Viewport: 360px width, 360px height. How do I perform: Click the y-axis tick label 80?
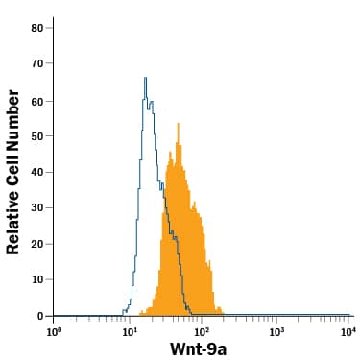point(36,28)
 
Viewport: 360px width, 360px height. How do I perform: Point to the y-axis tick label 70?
point(36,63)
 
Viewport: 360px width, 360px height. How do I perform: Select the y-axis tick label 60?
point(36,100)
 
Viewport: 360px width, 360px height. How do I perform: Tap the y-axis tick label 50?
point(36,135)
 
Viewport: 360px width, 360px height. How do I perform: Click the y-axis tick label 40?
point(36,172)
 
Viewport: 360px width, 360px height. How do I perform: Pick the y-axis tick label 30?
point(36,207)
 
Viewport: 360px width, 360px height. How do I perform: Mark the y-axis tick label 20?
point(36,244)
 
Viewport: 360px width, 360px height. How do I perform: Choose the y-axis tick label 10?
point(36,279)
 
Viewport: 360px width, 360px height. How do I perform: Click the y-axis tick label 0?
point(40,316)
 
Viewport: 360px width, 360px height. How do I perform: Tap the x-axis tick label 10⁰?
point(55,331)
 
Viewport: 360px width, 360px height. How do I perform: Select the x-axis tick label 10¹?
point(129,331)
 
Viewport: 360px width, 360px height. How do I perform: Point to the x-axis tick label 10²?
point(203,331)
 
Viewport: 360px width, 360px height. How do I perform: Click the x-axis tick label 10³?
point(276,331)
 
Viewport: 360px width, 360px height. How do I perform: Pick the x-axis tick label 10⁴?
point(349,331)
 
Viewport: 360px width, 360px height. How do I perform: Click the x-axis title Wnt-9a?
point(197,349)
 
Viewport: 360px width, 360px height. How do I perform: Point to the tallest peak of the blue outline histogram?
point(145,78)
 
